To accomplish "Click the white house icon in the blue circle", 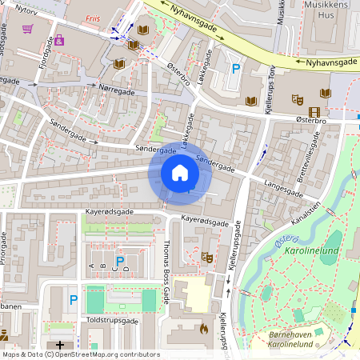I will click(180, 173).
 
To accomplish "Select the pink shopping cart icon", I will click(28, 29).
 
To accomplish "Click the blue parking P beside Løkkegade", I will click(235, 69).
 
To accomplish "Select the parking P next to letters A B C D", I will click(120, 262).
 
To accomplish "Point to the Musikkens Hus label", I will click(328, 11).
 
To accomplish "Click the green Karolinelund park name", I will click(311, 251).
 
